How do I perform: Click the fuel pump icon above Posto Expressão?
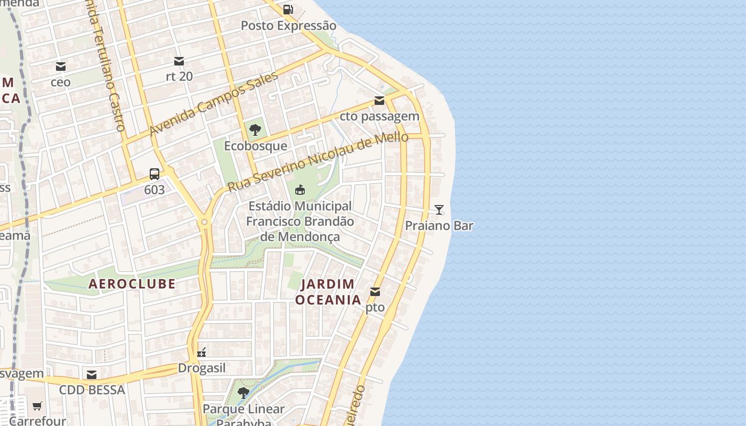288,9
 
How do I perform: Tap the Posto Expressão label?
288,26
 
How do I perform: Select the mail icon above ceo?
61,67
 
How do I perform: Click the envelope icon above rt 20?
179,61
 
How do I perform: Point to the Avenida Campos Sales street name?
214,104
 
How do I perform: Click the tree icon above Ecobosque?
255,129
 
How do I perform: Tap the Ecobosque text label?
255,146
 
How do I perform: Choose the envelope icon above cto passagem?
379,101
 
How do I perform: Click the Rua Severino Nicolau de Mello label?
318,162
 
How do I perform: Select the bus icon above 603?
155,174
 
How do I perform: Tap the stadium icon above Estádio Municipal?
300,190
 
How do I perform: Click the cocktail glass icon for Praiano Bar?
439,210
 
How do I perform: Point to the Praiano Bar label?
439,226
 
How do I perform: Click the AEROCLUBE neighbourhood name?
132,284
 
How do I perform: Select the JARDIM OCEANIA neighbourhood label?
328,292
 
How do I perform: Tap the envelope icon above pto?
375,291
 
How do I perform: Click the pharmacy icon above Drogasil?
201,352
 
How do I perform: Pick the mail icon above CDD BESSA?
92,375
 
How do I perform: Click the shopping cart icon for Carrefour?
37,406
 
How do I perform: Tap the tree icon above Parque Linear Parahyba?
244,393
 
